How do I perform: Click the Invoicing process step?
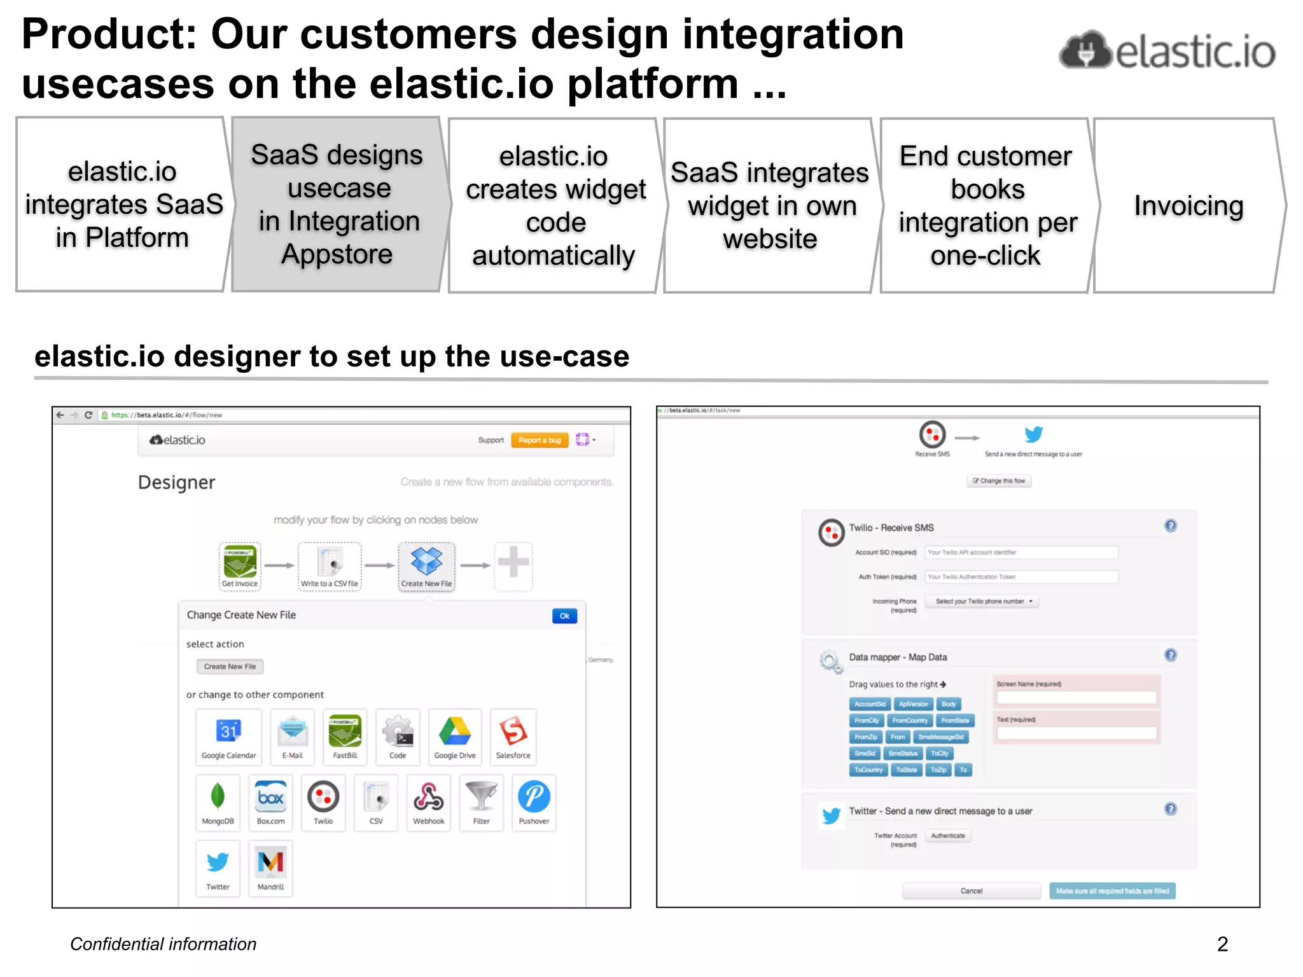1188,205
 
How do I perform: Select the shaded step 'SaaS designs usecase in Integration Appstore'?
337,204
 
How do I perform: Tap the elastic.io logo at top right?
1167,51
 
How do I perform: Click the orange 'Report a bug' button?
539,440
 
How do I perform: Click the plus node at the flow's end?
513,564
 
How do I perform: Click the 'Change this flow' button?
998,481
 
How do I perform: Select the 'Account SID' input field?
1021,552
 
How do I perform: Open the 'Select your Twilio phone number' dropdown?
982,601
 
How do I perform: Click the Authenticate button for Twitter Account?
947,836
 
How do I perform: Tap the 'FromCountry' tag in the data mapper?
909,721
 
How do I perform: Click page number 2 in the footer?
1222,944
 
